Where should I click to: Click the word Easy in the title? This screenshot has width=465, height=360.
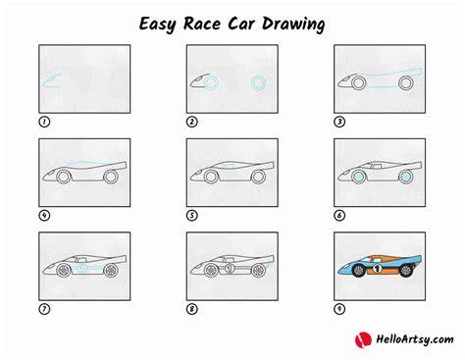[x=158, y=25]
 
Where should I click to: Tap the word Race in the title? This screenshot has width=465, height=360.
[x=202, y=24]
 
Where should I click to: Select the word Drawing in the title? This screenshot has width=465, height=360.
[x=293, y=25]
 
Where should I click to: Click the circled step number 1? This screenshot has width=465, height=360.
[x=44, y=122]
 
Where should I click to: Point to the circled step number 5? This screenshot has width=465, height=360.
[x=192, y=216]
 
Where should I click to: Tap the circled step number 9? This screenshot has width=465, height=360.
[x=339, y=309]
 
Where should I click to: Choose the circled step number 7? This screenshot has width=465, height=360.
[x=44, y=309]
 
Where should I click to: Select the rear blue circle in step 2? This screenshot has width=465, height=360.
[x=259, y=82]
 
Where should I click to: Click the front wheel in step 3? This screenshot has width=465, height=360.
[x=358, y=83]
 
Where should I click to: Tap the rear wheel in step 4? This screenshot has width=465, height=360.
[x=111, y=177]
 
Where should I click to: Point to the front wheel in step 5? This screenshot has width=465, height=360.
[x=211, y=177]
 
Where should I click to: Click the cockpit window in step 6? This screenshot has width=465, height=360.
[x=375, y=166]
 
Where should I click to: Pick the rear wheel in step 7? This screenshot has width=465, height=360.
[x=111, y=271]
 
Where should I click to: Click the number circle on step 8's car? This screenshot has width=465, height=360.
[x=230, y=269]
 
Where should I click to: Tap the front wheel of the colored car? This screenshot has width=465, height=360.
[x=359, y=271]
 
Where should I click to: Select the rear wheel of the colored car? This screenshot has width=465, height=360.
[x=406, y=271]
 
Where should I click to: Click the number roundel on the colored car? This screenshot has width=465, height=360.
[x=378, y=269]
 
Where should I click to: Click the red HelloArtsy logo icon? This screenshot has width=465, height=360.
[x=363, y=340]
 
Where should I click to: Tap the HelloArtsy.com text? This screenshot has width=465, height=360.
[x=415, y=339]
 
